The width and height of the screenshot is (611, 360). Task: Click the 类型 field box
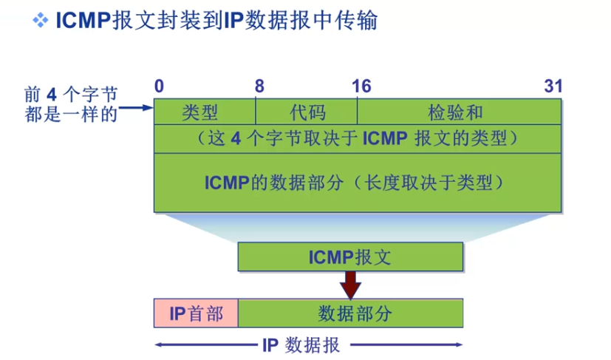pos(204,112)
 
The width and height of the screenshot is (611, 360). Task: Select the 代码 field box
pos(307,112)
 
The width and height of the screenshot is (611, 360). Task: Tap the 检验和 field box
pos(458,112)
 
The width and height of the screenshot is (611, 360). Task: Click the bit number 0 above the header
pos(159,86)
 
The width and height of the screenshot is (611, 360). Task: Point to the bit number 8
pos(259,86)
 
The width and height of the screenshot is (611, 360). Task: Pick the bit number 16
pos(361,86)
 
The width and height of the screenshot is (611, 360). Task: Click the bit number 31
pos(553,86)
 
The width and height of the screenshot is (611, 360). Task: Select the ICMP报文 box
pos(350,257)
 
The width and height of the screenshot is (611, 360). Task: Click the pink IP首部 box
pos(196,313)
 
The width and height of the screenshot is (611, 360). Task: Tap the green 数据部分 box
pos(350,313)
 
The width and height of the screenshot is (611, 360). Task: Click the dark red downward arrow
pos(350,284)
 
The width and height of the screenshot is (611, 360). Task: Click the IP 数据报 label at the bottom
pos(305,344)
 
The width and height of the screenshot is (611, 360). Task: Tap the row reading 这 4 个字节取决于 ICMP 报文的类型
pos(357,138)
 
